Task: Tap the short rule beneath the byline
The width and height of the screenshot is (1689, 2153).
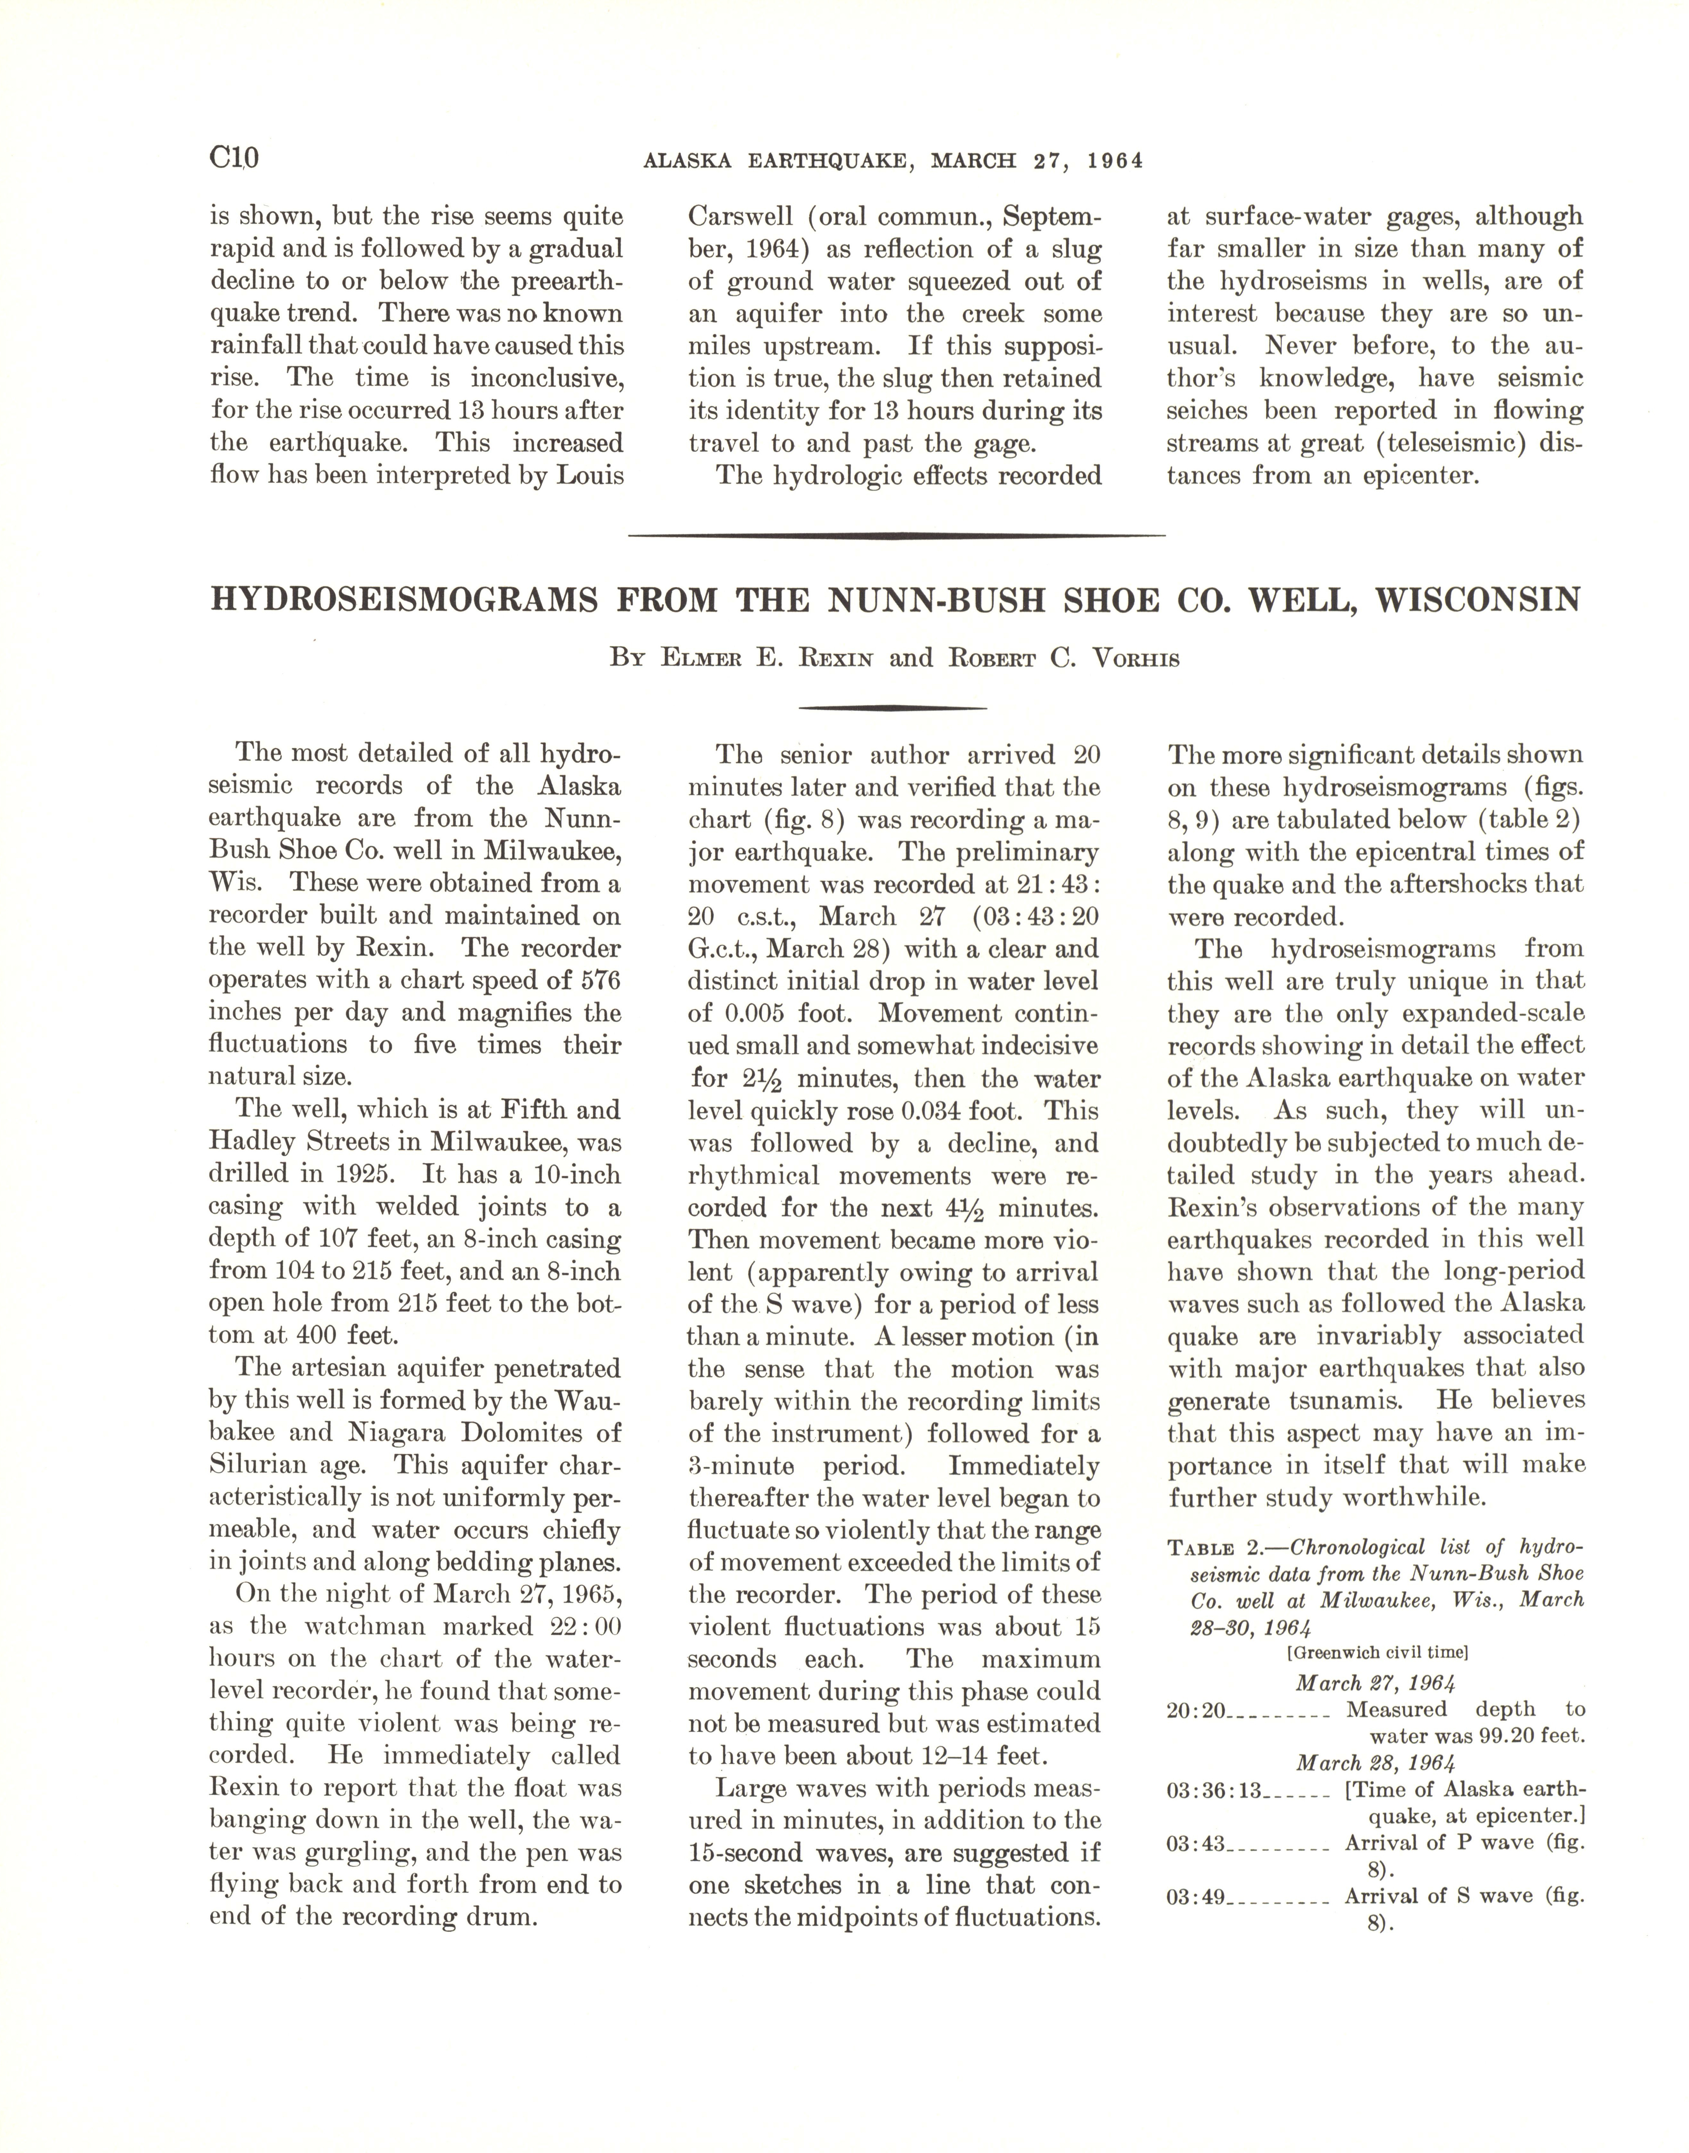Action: pos(892,708)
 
